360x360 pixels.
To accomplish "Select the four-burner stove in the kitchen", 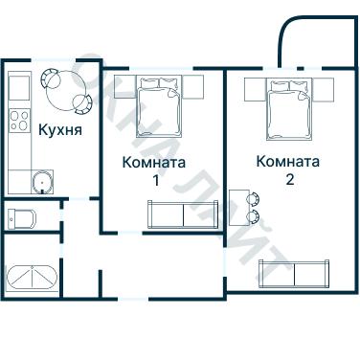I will pos(19,120).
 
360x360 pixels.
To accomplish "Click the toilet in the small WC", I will pos(21,216).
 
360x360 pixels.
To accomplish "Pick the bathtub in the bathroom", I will pos(33,278).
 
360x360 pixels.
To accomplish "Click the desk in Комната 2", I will pos(239,208).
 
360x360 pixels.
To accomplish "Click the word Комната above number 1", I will pos(154,162).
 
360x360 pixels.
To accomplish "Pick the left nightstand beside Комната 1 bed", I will pos(118,88).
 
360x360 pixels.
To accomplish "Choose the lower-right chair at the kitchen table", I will pos(83,100).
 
